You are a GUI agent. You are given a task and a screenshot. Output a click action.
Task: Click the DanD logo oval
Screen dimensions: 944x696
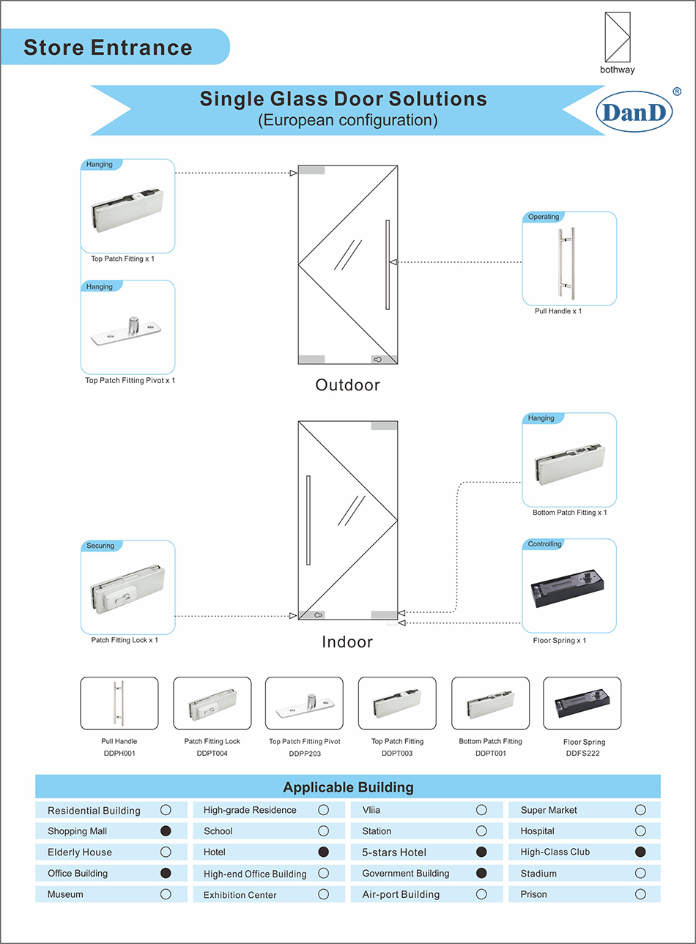pyautogui.click(x=634, y=112)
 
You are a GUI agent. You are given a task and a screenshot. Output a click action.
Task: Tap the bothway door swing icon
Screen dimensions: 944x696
pyautogui.click(x=617, y=37)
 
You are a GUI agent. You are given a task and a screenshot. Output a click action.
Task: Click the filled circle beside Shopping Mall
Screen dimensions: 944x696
pyautogui.click(x=166, y=830)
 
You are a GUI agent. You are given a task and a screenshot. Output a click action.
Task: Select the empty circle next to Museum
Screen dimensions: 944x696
pyautogui.click(x=166, y=894)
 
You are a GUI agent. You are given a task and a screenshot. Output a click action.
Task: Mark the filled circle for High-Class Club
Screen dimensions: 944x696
pyautogui.click(x=640, y=852)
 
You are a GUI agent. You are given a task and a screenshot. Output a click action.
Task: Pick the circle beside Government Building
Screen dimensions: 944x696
pyautogui.click(x=481, y=873)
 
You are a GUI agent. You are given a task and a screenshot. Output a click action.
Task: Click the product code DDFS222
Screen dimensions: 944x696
pyautogui.click(x=582, y=754)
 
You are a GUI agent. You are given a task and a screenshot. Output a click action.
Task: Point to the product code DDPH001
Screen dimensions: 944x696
pyautogui.click(x=119, y=754)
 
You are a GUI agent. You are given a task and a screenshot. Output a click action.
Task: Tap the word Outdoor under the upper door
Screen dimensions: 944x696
pyautogui.click(x=347, y=385)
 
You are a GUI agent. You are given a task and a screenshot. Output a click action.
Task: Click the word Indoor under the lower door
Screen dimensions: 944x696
pyautogui.click(x=347, y=642)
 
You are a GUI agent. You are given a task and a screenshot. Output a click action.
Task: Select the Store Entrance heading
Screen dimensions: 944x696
pyautogui.click(x=108, y=48)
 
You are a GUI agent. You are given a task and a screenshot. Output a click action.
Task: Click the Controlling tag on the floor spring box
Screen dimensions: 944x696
pyautogui.click(x=544, y=544)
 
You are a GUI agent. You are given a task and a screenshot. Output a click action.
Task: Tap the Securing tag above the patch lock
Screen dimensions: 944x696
pyautogui.click(x=100, y=546)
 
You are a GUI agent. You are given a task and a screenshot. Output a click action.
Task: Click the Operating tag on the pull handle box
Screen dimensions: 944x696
pyautogui.click(x=544, y=217)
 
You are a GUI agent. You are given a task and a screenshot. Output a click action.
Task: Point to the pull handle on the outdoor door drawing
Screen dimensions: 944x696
pyautogui.click(x=388, y=264)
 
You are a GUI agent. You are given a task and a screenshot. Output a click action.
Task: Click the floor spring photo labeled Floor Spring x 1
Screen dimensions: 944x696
pyautogui.click(x=569, y=590)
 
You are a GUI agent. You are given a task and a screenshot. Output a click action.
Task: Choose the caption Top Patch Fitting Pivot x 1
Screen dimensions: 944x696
pyautogui.click(x=130, y=381)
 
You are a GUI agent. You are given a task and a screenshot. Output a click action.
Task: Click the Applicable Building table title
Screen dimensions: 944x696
pyautogui.click(x=348, y=787)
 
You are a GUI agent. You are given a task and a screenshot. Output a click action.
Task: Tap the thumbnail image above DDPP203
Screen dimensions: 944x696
pyautogui.click(x=304, y=704)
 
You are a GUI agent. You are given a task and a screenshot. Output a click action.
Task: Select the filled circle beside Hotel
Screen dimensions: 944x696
pyautogui.click(x=323, y=852)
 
